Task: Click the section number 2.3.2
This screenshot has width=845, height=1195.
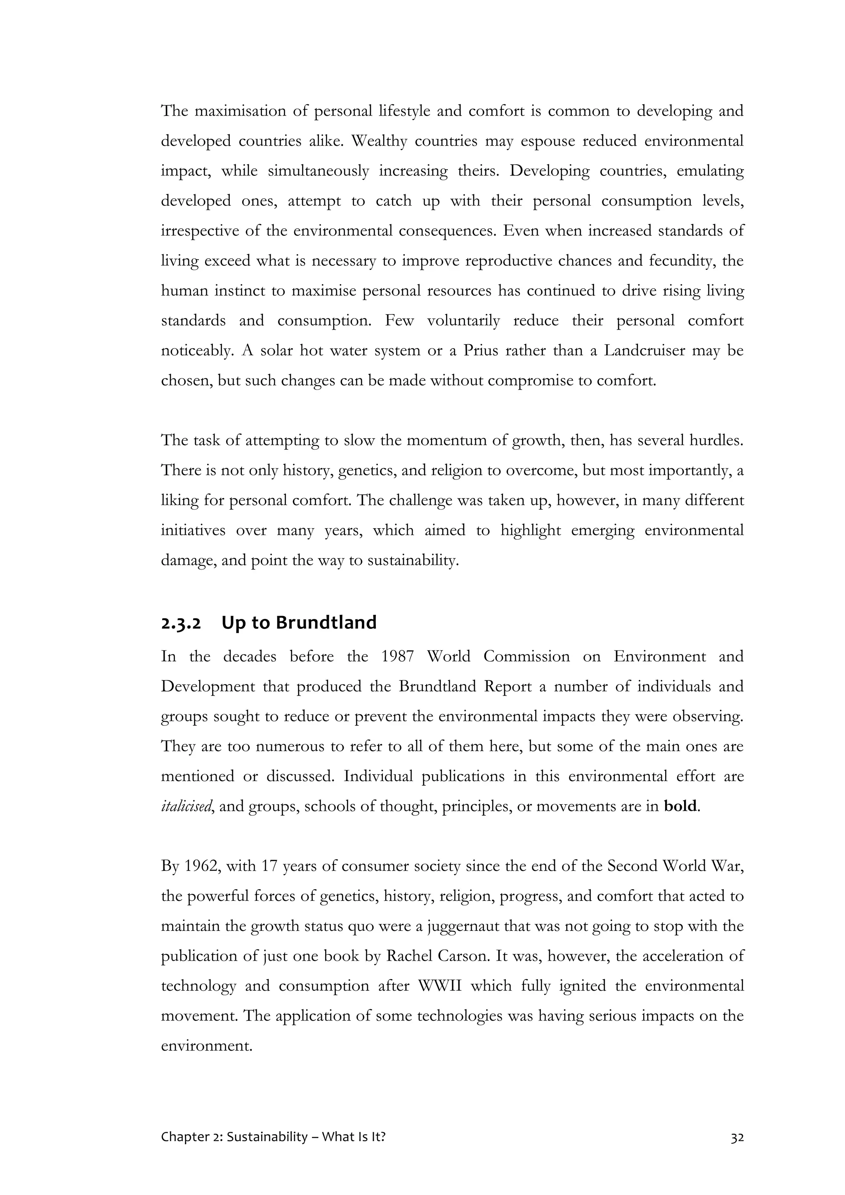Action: (x=181, y=623)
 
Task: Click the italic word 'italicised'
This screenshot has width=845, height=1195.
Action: (x=186, y=807)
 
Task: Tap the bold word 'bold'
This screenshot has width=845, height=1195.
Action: (x=680, y=806)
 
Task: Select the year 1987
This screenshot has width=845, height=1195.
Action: (x=397, y=657)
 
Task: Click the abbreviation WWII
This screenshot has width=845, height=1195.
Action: (x=440, y=986)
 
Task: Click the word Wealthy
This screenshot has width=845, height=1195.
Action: (x=379, y=142)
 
